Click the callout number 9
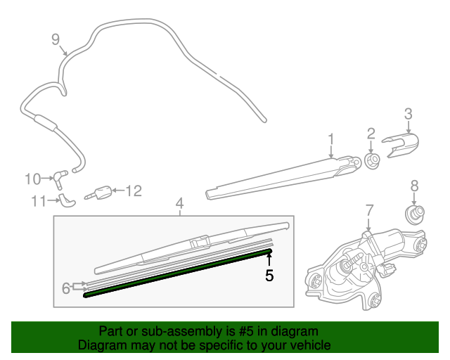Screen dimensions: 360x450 [x=56, y=39]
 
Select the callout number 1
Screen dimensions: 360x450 [x=330, y=139]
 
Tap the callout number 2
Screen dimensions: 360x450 [x=371, y=134]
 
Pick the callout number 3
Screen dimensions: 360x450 [x=407, y=113]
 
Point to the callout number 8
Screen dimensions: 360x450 [x=414, y=186]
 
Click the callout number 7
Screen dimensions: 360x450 [x=370, y=210]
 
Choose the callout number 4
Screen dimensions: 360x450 [x=179, y=203]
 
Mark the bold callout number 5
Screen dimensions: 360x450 [x=269, y=275]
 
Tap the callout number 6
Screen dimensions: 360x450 [x=66, y=287]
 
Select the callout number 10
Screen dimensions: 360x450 [x=33, y=179]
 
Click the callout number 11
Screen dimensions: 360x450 [x=38, y=201]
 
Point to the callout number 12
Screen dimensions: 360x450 [x=134, y=190]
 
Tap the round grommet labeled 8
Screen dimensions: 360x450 [x=417, y=212]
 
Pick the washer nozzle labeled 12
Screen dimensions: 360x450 [x=103, y=192]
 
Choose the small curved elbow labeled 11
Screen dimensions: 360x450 [x=66, y=200]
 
